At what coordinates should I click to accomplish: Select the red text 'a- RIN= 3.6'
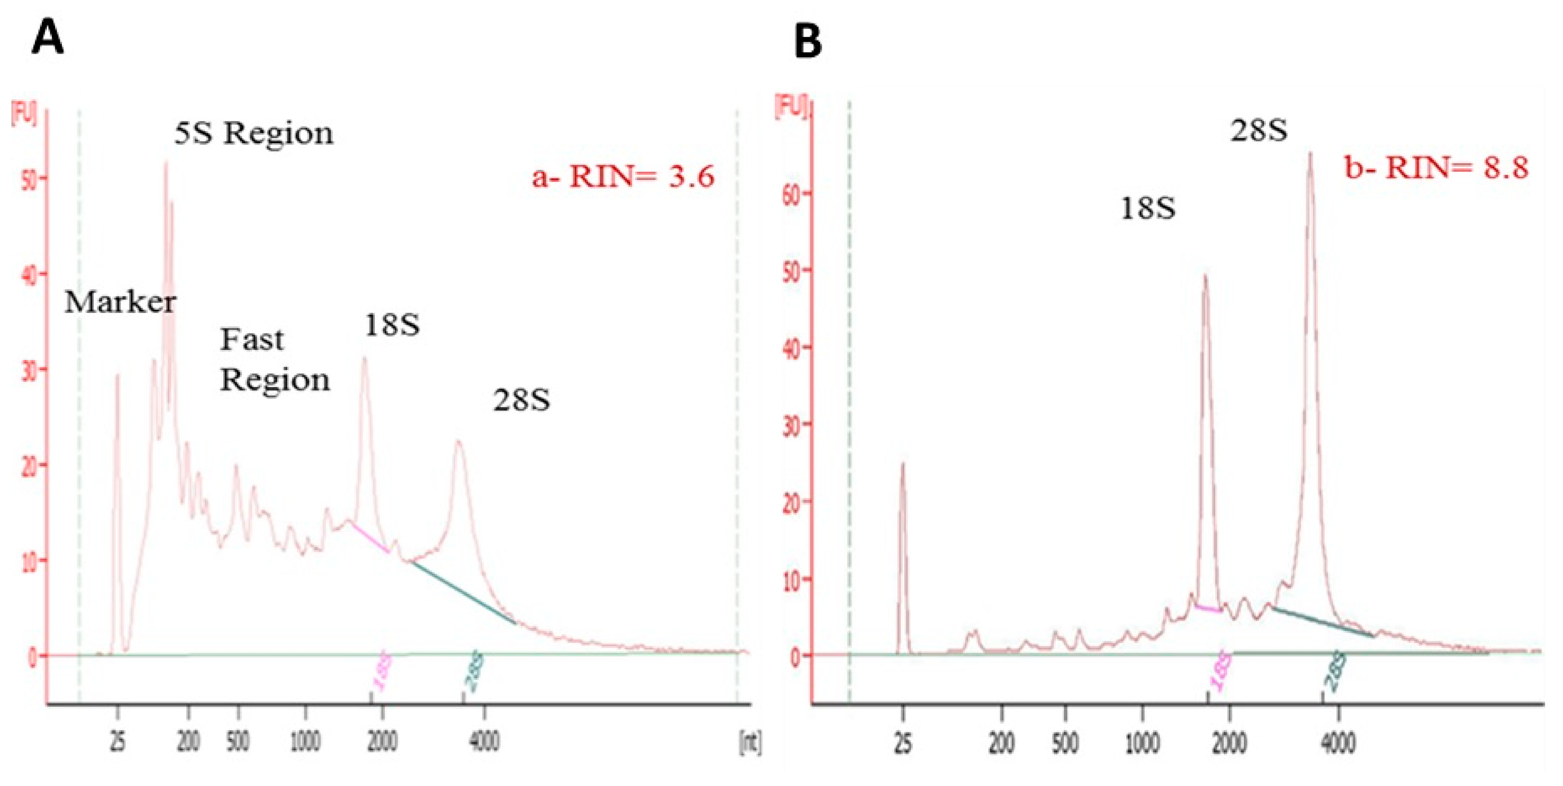623,177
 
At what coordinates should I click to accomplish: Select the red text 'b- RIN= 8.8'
1435,167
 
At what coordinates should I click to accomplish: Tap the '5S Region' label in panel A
254,133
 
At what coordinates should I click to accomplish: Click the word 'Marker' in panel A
120,302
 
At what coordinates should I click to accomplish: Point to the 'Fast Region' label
274,360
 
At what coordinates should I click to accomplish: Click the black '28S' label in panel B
1259,130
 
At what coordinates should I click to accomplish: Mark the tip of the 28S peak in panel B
1310,153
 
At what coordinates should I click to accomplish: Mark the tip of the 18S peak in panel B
1205,276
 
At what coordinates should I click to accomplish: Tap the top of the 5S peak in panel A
166,163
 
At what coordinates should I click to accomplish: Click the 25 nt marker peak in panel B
902,465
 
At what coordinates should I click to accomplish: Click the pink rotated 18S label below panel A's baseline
381,671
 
